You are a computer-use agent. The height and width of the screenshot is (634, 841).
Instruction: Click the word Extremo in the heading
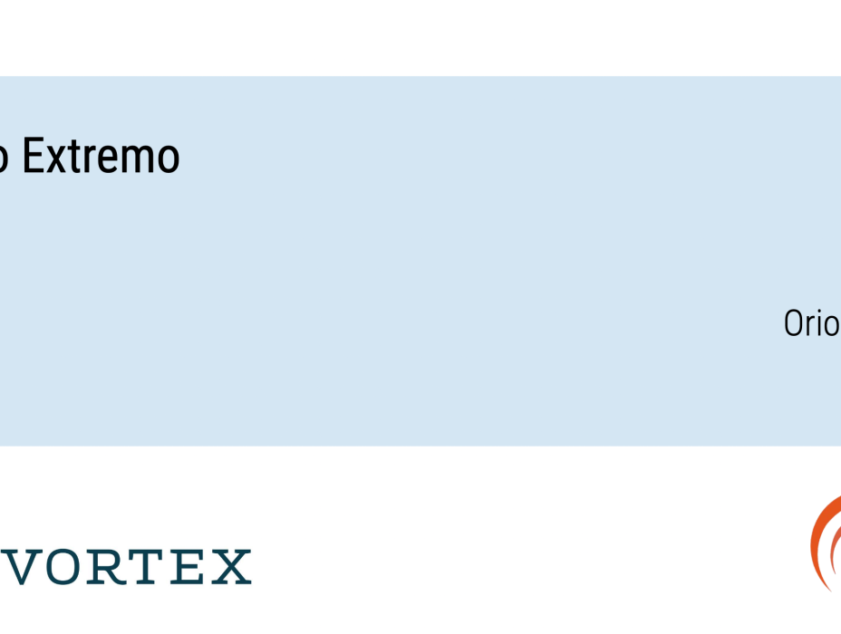pos(101,157)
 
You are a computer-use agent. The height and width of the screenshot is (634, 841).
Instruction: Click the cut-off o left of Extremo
pos(4,160)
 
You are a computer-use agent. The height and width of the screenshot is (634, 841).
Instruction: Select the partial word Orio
pos(811,323)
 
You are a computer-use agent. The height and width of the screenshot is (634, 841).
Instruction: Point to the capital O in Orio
pos(794,323)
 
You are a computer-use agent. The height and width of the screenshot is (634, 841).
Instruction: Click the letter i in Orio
pos(821,322)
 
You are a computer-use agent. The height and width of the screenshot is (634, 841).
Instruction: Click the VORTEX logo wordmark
pos(127,567)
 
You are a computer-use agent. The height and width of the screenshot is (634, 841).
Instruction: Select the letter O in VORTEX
pos(62,567)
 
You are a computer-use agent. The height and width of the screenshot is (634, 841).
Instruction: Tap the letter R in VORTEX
pos(106,567)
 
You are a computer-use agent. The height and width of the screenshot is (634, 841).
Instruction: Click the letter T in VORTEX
pos(147,567)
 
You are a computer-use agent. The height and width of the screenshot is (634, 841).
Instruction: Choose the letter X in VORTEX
pos(230,567)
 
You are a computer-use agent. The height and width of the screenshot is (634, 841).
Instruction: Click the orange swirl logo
pos(825,543)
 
